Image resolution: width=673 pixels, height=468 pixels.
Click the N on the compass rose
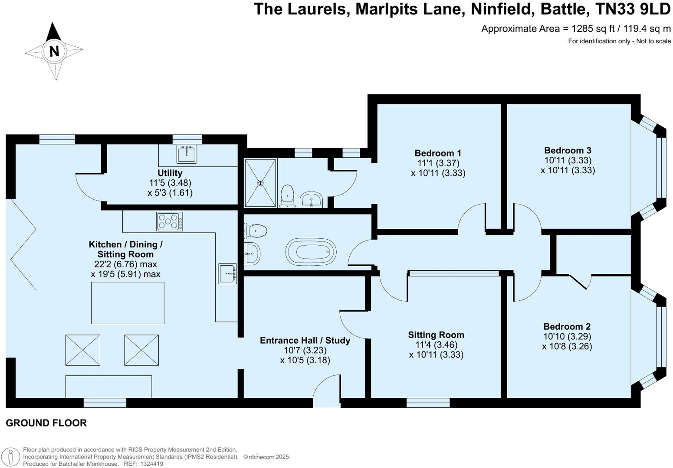(x=54, y=51)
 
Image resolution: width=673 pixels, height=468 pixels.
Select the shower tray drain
(x=260, y=183)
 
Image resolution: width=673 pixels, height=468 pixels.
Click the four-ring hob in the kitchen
(x=169, y=221)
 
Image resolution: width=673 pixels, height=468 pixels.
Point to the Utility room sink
(x=187, y=153)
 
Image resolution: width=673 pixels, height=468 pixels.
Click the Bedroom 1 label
(x=438, y=153)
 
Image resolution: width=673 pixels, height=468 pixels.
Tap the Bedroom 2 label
(x=567, y=326)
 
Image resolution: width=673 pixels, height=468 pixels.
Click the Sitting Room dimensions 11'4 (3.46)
(x=436, y=345)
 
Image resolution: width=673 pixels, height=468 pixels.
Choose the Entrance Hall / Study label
(x=305, y=340)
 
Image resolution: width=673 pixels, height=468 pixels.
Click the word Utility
(x=170, y=173)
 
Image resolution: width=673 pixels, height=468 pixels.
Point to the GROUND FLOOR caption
(x=46, y=423)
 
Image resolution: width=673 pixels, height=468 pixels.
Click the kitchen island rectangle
(x=128, y=302)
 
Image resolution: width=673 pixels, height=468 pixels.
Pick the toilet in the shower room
(x=287, y=195)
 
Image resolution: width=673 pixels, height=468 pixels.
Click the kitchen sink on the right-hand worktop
(x=227, y=273)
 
